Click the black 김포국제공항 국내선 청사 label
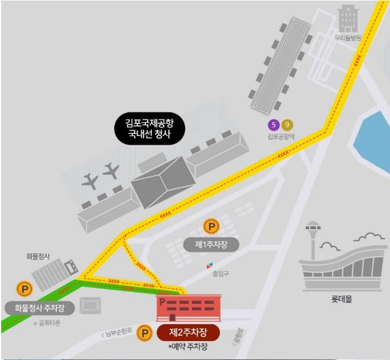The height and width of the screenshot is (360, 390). (149, 130)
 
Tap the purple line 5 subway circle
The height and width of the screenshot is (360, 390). (273, 124)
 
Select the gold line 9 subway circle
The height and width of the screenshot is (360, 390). (287, 124)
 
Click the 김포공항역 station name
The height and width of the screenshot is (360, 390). (281, 137)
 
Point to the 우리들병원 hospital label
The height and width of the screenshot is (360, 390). (347, 38)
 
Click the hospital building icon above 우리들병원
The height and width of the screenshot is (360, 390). (348, 19)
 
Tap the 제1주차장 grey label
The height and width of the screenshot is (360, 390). (211, 245)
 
